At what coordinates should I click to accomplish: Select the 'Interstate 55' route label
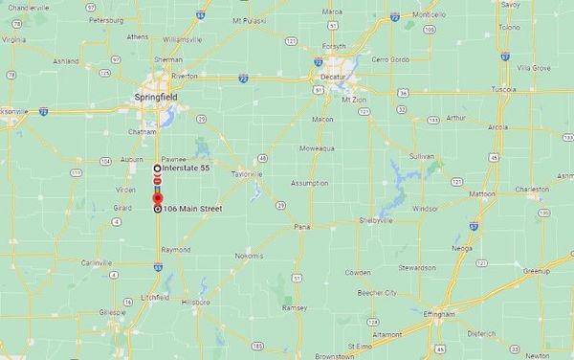(x=186, y=169)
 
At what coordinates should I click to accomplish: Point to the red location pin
(x=158, y=197)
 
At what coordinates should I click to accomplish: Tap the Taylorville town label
(x=246, y=175)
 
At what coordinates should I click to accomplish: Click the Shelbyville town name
(x=373, y=220)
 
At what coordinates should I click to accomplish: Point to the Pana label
(x=302, y=228)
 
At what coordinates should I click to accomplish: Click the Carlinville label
(x=97, y=262)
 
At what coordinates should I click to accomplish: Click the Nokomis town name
(x=248, y=256)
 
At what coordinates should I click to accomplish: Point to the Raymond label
(x=175, y=250)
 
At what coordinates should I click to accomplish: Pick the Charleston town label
(x=532, y=190)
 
